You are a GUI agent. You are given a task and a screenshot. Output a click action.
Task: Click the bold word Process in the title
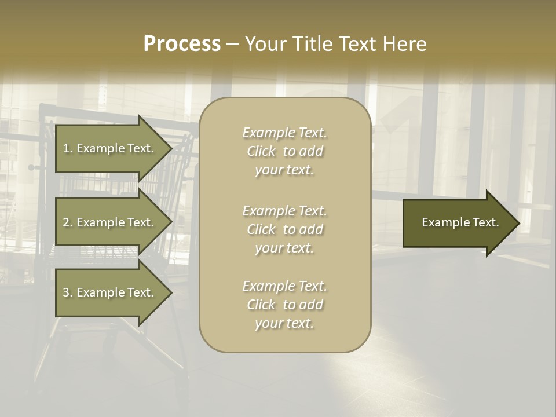182,44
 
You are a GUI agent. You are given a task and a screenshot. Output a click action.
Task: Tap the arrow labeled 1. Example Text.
108,148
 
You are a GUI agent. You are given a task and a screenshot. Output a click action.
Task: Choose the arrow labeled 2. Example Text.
108,222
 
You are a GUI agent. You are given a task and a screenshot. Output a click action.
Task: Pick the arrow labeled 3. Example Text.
108,292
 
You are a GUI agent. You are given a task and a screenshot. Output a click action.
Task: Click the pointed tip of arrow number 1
170,148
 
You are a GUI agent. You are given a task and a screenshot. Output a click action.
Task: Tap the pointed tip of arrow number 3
170,292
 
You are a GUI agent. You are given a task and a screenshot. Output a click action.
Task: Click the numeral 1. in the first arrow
67,148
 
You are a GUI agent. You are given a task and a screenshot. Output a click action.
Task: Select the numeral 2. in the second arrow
67,222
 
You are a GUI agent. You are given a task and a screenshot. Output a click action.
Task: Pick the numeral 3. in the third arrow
67,292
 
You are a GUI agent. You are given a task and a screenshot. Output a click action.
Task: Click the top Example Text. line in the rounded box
285,133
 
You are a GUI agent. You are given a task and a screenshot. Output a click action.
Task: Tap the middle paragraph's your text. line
285,248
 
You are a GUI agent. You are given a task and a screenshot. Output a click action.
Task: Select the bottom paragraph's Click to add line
285,305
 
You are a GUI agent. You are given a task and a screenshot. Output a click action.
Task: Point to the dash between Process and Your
232,44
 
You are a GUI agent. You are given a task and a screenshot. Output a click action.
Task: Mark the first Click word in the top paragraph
261,152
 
